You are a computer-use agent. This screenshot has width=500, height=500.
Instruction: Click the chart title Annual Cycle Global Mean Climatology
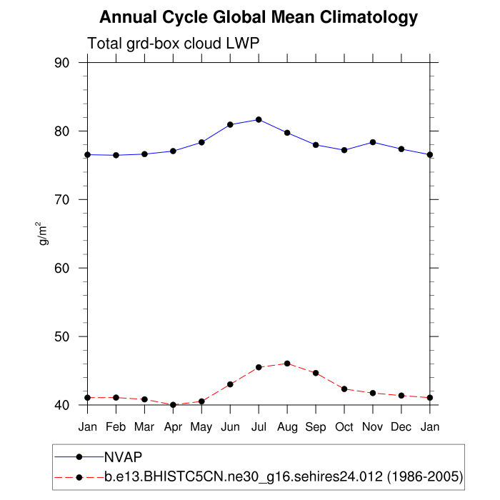point(259,17)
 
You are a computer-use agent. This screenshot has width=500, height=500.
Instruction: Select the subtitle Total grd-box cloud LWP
point(173,44)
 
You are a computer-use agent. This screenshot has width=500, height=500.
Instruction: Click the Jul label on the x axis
point(259,426)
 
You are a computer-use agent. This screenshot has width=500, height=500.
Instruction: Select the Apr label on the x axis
point(173,426)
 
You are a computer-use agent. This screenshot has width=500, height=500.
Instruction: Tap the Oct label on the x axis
point(344,426)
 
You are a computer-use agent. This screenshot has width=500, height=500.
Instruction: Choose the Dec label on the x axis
point(401,426)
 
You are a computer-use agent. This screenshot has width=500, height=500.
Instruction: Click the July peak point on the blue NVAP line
point(259,119)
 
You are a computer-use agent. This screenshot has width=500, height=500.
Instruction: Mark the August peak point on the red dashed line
point(287,364)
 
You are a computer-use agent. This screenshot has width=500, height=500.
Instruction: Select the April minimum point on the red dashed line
point(173,405)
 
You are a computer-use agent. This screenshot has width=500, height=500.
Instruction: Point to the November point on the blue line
point(373,142)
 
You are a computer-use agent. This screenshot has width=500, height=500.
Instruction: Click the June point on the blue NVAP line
point(230,124)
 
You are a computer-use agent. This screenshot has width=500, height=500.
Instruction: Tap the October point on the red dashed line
point(344,389)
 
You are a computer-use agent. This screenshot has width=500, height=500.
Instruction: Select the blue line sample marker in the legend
point(79,456)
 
